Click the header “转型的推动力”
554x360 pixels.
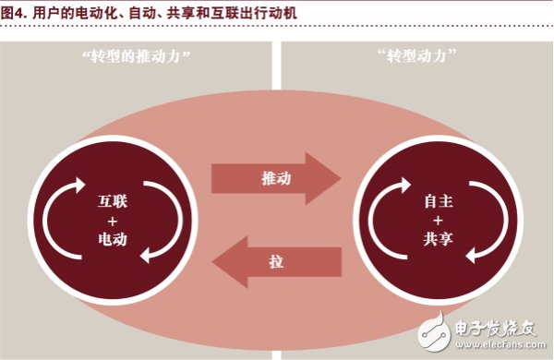(x=136, y=56)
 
